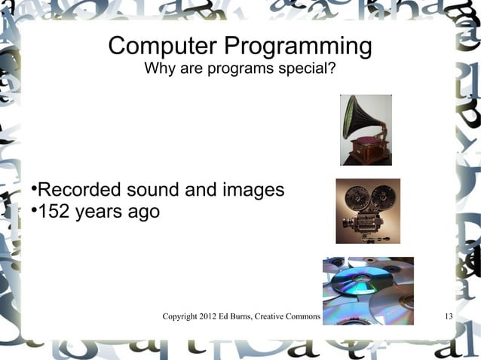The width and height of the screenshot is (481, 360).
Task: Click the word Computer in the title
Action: coord(155,47)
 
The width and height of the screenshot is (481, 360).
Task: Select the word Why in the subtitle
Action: coord(158,71)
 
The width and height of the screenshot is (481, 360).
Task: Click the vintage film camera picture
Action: coord(367,211)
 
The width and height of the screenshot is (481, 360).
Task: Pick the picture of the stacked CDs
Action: coord(368,290)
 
